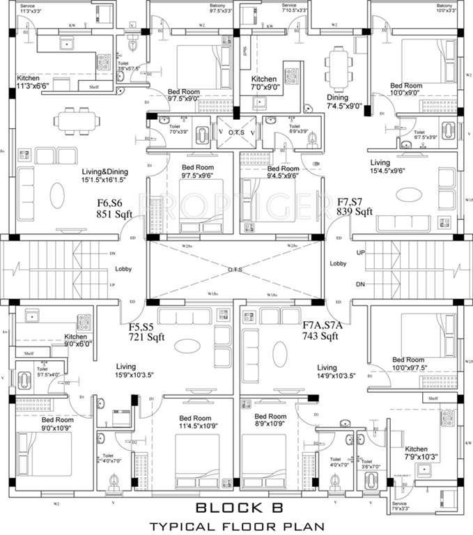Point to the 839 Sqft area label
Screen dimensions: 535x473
coord(355,211)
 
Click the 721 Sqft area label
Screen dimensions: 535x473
coord(149,336)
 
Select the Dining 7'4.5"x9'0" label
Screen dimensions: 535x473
coord(344,102)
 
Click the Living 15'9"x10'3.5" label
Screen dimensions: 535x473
coord(125,371)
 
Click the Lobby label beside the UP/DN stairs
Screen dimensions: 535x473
coord(339,264)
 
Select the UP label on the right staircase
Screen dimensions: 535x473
coord(360,252)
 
